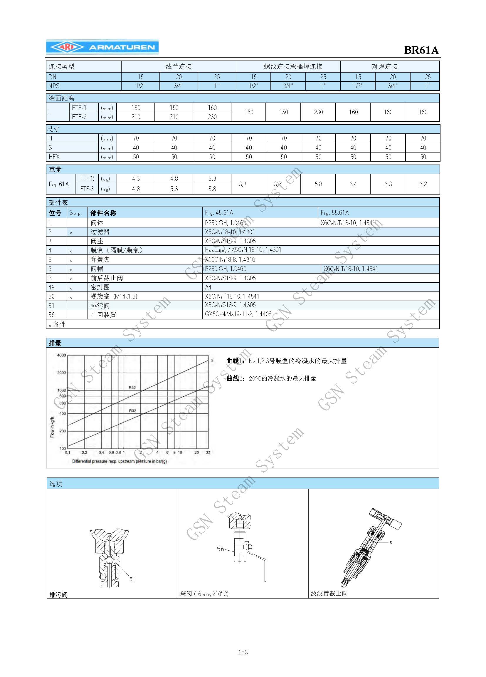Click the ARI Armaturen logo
coord(102,47)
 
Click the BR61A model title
coord(421,50)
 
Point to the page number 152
coord(243,652)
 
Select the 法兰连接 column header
coord(179,66)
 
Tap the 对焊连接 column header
coord(384,66)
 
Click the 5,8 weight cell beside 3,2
coord(318,184)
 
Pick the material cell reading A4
coord(208,287)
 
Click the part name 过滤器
coord(100,232)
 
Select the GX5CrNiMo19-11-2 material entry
coord(238,314)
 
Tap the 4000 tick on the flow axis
coord(61,355)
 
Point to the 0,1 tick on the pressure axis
coord(68,453)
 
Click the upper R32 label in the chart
coord(132,388)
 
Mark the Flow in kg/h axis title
coord(52,427)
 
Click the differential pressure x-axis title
coord(119,461)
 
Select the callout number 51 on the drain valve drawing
coord(132,579)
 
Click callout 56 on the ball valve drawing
coord(220,549)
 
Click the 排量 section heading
coord(55,343)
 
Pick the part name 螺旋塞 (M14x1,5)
coord(114,296)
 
